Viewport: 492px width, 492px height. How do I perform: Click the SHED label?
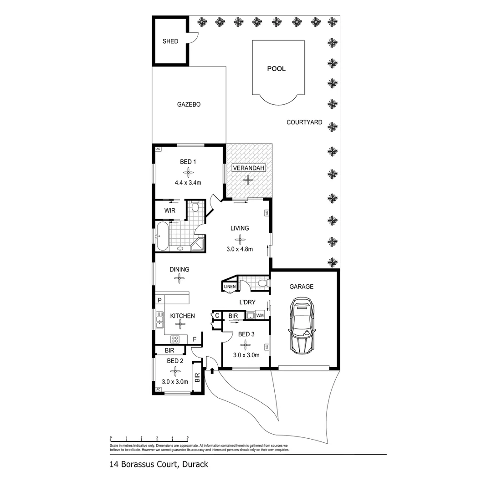(170, 41)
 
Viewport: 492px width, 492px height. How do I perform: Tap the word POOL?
(277, 69)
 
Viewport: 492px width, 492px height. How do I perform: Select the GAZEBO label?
(189, 104)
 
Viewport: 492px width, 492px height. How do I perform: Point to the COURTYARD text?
(304, 122)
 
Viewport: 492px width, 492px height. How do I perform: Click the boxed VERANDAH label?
(249, 168)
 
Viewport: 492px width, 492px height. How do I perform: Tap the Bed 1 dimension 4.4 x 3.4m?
(188, 182)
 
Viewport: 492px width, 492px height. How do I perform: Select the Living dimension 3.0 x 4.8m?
(240, 249)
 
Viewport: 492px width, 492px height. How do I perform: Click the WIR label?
(170, 211)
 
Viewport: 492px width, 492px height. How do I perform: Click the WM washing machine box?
(260, 315)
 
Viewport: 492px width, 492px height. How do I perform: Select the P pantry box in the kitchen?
(160, 300)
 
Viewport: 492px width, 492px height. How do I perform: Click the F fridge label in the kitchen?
(195, 339)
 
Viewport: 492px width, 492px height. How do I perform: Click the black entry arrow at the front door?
(212, 371)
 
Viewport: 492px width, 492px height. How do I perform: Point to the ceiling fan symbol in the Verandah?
(249, 179)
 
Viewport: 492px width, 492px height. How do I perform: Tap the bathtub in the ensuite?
(162, 236)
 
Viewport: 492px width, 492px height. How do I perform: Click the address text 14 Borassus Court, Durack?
(159, 465)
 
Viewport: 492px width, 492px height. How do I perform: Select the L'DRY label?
(247, 302)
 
